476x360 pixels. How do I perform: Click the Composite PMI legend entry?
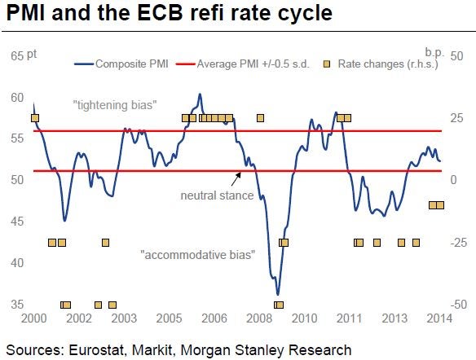pyautogui.click(x=121, y=64)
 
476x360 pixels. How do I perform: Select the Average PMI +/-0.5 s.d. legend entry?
pyautogui.click(x=243, y=64)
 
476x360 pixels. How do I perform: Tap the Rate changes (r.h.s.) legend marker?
pyautogui.click(x=327, y=64)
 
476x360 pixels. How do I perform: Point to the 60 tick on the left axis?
pyautogui.click(x=17, y=98)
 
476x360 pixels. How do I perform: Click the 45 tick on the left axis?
pyautogui.click(x=17, y=222)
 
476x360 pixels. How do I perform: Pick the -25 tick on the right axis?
pyautogui.click(x=458, y=243)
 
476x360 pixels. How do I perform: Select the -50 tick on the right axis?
pyautogui.click(x=458, y=304)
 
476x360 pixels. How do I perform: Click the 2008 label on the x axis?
pyautogui.click(x=259, y=318)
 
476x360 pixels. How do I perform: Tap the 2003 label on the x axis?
pyautogui.click(x=124, y=318)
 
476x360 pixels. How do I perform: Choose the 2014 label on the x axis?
pyautogui.click(x=439, y=318)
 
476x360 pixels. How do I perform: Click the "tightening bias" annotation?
pyautogui.click(x=115, y=105)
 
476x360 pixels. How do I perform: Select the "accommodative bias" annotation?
pyautogui.click(x=198, y=255)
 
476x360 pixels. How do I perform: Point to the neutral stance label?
pyautogui.click(x=217, y=195)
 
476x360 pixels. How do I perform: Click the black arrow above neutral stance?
pyautogui.click(x=236, y=179)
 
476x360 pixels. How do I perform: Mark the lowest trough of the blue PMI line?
pyautogui.click(x=277, y=294)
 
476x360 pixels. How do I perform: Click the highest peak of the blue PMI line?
pyautogui.click(x=200, y=94)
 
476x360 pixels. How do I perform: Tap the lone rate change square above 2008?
pyautogui.click(x=260, y=118)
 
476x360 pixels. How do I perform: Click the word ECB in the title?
pyautogui.click(x=161, y=13)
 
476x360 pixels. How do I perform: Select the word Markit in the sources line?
pyautogui.click(x=153, y=350)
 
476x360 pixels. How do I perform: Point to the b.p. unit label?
pyautogui.click(x=434, y=53)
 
